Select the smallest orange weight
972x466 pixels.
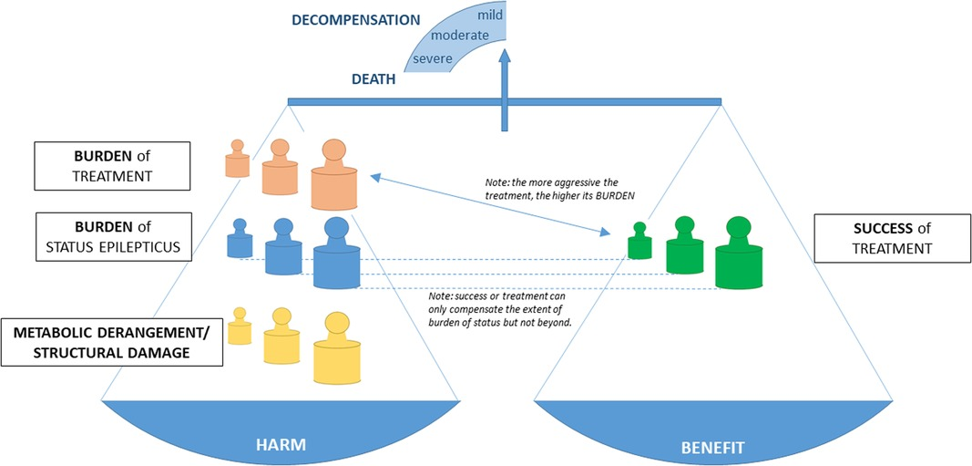point(237,160)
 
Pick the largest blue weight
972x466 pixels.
point(337,257)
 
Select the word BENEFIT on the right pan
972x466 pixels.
point(713,448)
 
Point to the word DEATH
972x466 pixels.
point(373,79)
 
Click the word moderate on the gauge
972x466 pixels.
point(461,36)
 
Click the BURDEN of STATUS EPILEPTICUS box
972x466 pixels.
point(115,236)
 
